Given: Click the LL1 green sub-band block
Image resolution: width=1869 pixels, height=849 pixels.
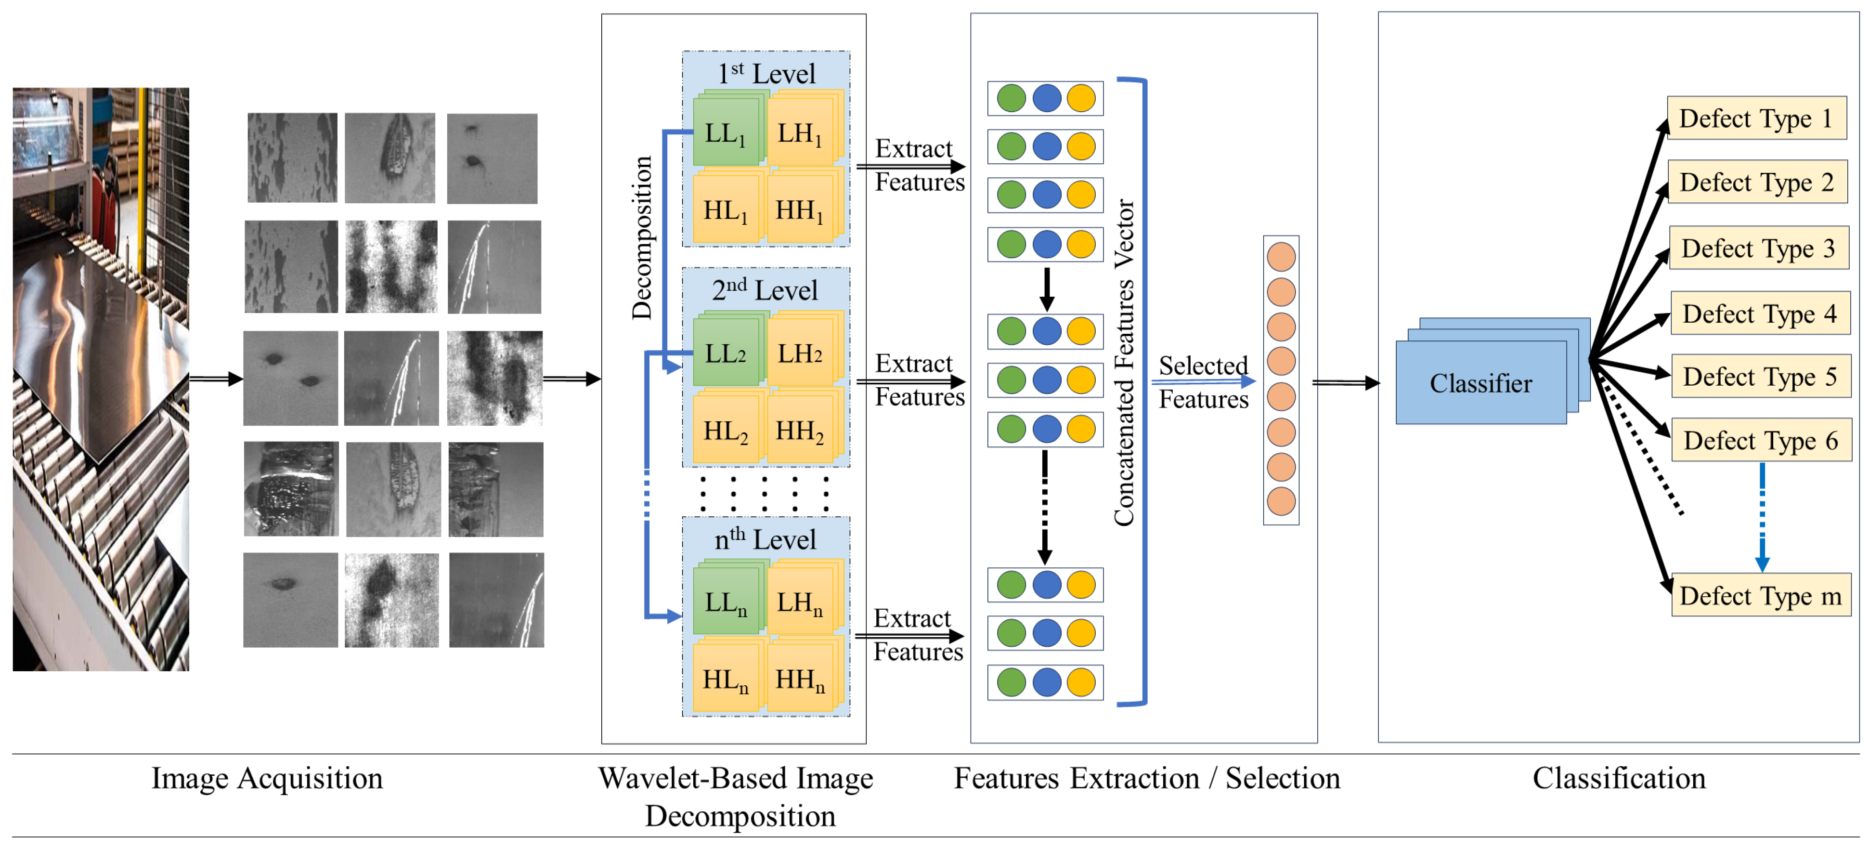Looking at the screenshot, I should coord(725,133).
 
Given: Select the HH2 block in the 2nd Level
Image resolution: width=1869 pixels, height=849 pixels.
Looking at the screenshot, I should coord(800,431).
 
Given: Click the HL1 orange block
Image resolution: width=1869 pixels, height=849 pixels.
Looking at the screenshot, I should coord(725,210).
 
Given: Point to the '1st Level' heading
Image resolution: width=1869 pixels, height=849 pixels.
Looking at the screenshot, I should coord(766,73).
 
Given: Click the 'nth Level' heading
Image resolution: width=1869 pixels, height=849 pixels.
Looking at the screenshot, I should coord(766,539).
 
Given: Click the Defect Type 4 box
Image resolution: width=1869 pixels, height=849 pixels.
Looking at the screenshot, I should coord(1759,313).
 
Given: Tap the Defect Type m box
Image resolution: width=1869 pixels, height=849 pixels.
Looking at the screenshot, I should coord(1761,596).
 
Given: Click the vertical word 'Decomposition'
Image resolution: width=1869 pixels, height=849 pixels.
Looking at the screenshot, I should coord(641,237).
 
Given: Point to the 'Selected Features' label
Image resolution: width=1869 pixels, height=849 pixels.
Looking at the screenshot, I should coord(1203,382).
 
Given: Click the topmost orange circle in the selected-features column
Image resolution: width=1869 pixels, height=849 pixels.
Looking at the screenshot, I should coord(1281,257).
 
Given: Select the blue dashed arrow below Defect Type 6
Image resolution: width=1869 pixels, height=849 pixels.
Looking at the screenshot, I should coord(1762,517).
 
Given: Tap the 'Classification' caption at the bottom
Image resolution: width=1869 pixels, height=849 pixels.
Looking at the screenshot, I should coord(1619,778).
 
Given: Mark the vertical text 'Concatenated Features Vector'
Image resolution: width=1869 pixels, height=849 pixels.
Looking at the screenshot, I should coord(1123,363).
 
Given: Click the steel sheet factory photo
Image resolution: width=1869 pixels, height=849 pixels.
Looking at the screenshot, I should coord(101,379).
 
